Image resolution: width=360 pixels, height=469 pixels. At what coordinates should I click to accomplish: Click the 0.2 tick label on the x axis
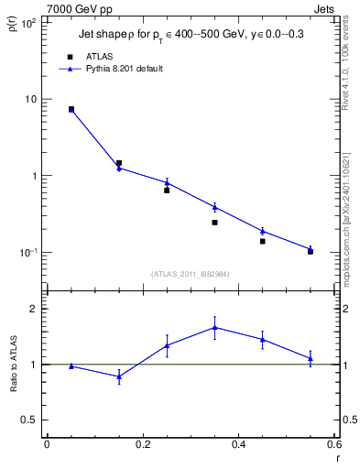[x=143, y=444]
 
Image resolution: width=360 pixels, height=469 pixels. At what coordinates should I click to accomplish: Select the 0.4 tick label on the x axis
[x=239, y=444]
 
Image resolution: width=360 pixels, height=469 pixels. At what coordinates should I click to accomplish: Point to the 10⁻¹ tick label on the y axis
[x=28, y=253]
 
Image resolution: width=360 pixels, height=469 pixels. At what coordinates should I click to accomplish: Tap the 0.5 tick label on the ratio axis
[x=30, y=420]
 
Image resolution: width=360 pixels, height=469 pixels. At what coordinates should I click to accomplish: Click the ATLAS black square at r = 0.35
[x=214, y=223]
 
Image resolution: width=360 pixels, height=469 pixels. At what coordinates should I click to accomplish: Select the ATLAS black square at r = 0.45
[x=262, y=241]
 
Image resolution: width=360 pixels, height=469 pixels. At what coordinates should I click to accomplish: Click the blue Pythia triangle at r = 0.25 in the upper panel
[x=167, y=182]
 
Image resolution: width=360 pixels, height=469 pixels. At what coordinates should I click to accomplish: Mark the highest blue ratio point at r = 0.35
[x=214, y=327]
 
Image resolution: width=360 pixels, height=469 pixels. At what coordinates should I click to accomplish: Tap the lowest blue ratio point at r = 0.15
[x=119, y=376]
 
